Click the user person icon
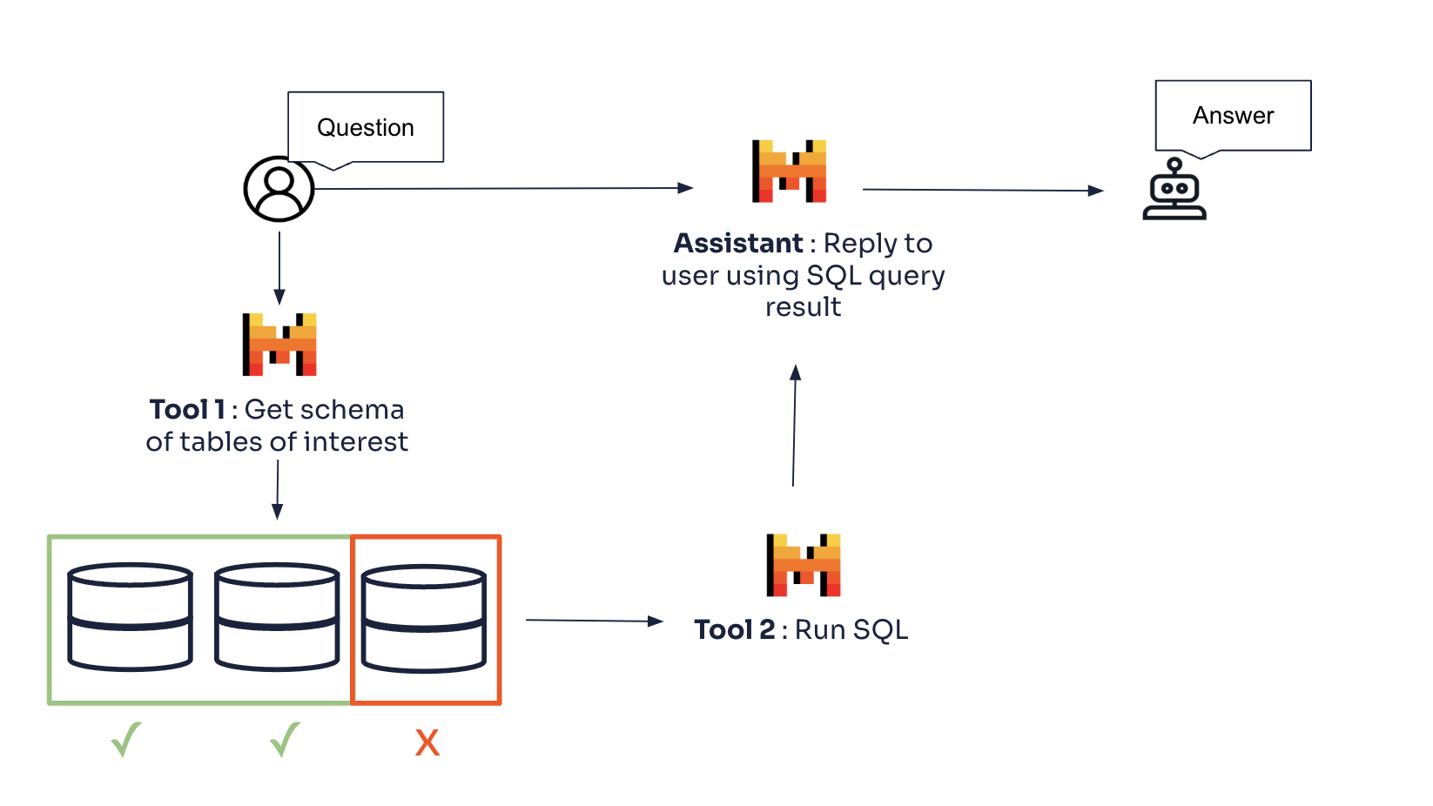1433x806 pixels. click(x=279, y=189)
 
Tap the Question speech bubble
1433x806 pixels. click(x=366, y=127)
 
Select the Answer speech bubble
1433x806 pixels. click(x=1233, y=116)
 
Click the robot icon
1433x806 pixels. click(x=1174, y=190)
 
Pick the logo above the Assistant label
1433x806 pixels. click(x=789, y=171)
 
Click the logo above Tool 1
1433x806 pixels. click(x=279, y=344)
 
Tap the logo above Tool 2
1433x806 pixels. click(x=803, y=565)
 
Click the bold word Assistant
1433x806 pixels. click(x=738, y=243)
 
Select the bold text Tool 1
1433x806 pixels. click(x=187, y=409)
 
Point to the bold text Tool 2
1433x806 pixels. click(x=734, y=629)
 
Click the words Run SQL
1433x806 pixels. click(x=851, y=629)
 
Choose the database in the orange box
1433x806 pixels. click(x=424, y=619)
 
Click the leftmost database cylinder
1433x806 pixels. click(x=130, y=617)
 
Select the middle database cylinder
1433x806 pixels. click(x=277, y=617)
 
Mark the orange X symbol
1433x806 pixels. click(x=427, y=742)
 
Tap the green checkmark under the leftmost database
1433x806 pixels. click(x=126, y=740)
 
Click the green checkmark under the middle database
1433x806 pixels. click(x=285, y=740)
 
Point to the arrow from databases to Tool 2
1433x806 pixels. click(x=594, y=621)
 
